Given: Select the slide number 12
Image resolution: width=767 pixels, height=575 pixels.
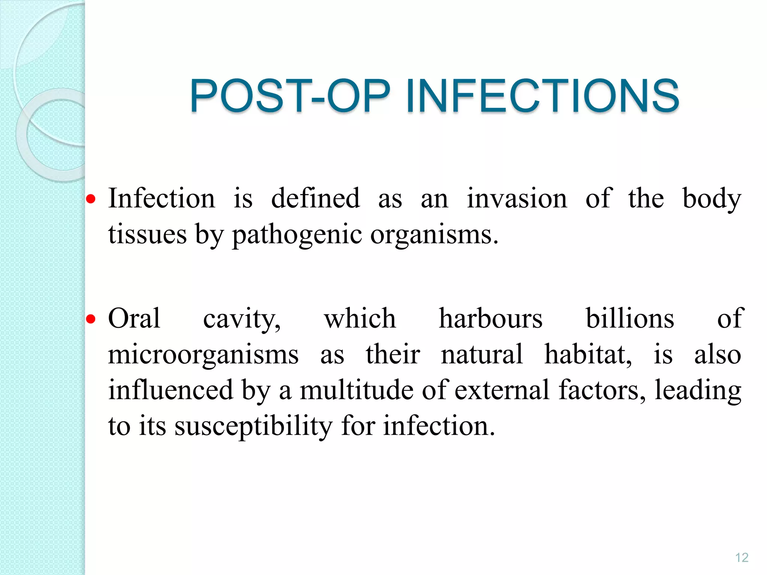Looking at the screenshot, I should tap(742, 557).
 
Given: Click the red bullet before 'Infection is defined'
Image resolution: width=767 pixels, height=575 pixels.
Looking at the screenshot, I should tap(91, 199).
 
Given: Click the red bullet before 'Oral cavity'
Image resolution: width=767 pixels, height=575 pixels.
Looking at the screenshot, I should tap(91, 319).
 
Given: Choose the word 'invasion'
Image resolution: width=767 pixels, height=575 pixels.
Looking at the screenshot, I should tap(517, 198).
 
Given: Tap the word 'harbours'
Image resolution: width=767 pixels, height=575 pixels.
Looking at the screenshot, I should tap(491, 319).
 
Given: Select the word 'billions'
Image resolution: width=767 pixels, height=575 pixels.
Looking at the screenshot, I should tap(630, 319).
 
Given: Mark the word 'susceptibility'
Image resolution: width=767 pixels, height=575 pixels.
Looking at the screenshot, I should tap(254, 426).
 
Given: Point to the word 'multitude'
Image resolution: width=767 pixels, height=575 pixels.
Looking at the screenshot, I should tap(357, 390).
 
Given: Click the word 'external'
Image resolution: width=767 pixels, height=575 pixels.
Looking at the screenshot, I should tap(502, 390).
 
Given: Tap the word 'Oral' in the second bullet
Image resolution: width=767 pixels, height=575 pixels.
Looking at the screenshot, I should tap(134, 319).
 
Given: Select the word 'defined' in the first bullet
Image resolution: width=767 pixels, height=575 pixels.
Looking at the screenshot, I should tap(315, 198).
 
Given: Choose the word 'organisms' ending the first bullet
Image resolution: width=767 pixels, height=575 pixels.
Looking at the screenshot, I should tap(434, 235).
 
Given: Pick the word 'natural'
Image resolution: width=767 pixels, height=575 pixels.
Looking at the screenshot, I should tap(482, 354).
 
